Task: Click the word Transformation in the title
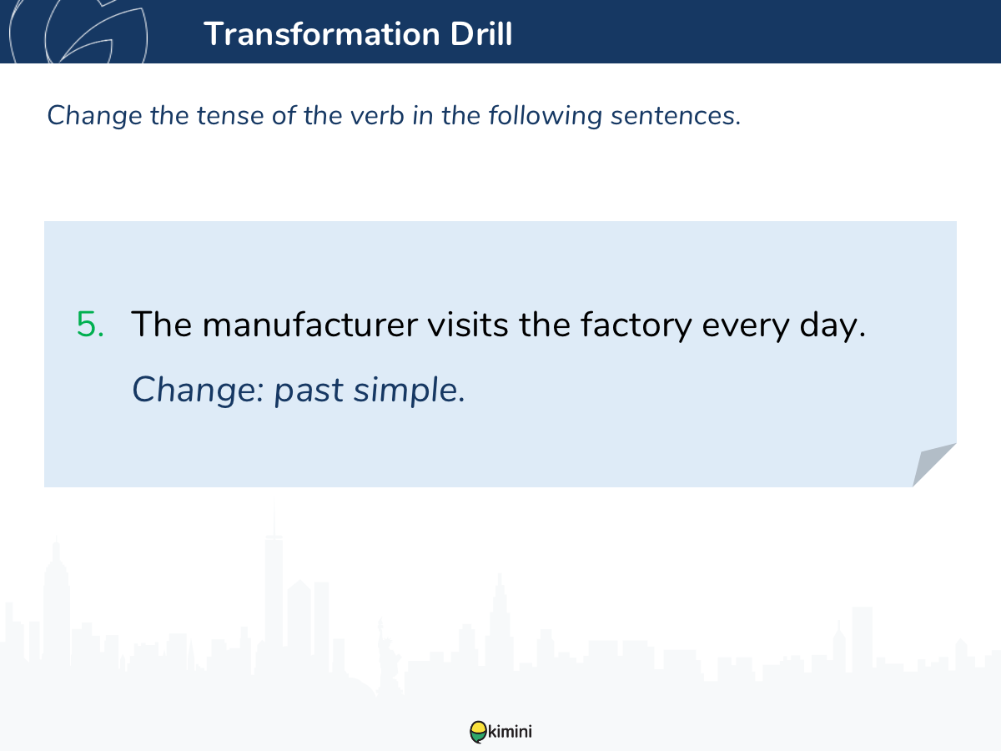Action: click(x=322, y=33)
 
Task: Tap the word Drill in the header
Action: click(x=481, y=33)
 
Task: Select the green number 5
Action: click(x=90, y=325)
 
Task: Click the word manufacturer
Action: click(x=310, y=325)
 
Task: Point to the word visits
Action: click(x=467, y=325)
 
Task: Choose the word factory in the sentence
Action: click(x=636, y=325)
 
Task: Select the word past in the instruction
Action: click(x=309, y=391)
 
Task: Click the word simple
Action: click(x=406, y=391)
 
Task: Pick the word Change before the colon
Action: click(x=194, y=390)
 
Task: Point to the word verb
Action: click(x=377, y=115)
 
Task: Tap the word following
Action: click(x=546, y=116)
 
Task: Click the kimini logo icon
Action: click(x=478, y=732)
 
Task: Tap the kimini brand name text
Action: click(x=510, y=732)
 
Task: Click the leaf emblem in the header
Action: click(x=78, y=31)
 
